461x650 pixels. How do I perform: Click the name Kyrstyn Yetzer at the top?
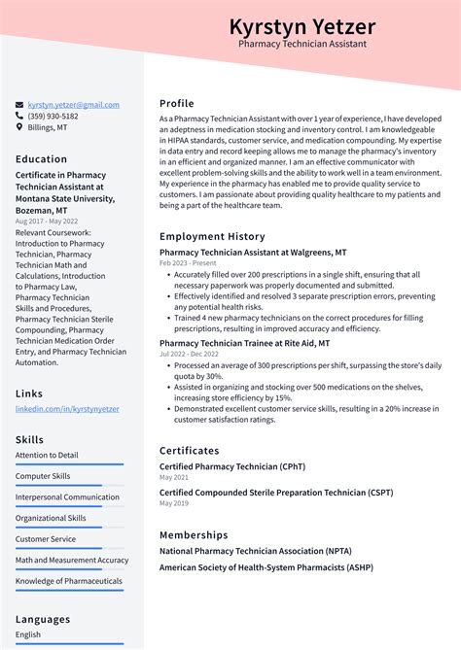(301, 26)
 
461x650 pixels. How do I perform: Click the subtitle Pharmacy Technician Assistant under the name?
(301, 45)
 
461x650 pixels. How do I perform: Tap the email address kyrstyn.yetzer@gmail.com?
(74, 105)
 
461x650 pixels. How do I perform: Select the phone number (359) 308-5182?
(53, 116)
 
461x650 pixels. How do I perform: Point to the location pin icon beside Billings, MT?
(19, 127)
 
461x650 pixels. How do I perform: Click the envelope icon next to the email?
(19, 105)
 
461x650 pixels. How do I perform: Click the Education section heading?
(42, 159)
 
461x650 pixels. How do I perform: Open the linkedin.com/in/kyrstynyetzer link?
(67, 409)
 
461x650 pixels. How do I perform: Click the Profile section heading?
(177, 103)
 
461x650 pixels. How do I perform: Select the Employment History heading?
(212, 236)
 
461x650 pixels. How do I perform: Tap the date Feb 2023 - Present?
(188, 263)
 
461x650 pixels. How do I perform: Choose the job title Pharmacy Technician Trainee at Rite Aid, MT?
(244, 343)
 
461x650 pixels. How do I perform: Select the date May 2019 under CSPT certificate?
(173, 504)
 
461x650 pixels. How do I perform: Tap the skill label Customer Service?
(46, 539)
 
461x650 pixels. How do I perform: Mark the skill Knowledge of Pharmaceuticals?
(69, 581)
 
